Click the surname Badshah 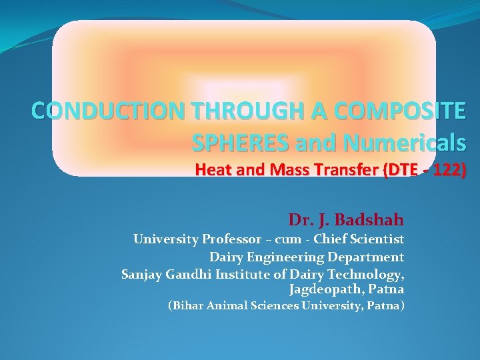tap(371, 219)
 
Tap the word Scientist tap(378, 239)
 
